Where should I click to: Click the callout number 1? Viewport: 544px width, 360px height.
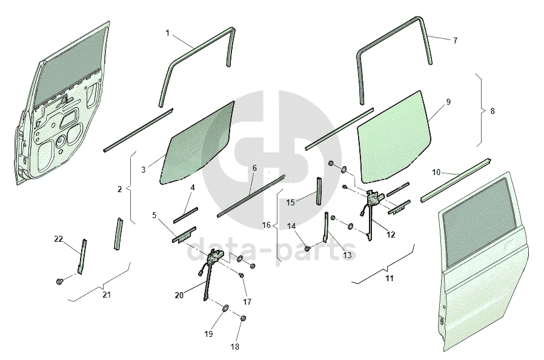click(x=168, y=33)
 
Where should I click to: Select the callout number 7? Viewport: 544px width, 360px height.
click(x=455, y=41)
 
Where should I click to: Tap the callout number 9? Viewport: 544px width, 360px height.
click(x=448, y=102)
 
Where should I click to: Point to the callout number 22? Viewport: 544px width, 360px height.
click(x=59, y=239)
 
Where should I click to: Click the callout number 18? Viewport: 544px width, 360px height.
click(x=235, y=347)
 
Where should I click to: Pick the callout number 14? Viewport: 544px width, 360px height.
click(x=291, y=226)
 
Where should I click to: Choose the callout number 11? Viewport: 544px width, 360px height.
click(x=390, y=278)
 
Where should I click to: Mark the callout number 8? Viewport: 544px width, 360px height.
click(x=493, y=111)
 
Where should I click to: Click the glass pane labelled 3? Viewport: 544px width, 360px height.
click(x=197, y=142)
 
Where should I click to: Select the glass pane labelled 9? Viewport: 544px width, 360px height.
click(x=394, y=136)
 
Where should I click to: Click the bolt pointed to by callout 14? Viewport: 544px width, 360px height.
click(x=307, y=248)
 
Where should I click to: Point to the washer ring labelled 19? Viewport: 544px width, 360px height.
click(x=225, y=308)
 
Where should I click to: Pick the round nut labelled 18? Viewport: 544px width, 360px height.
click(x=243, y=318)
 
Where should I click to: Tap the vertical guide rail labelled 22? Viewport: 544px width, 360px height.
click(x=82, y=256)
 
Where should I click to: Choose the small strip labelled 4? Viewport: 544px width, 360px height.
click(x=185, y=215)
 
